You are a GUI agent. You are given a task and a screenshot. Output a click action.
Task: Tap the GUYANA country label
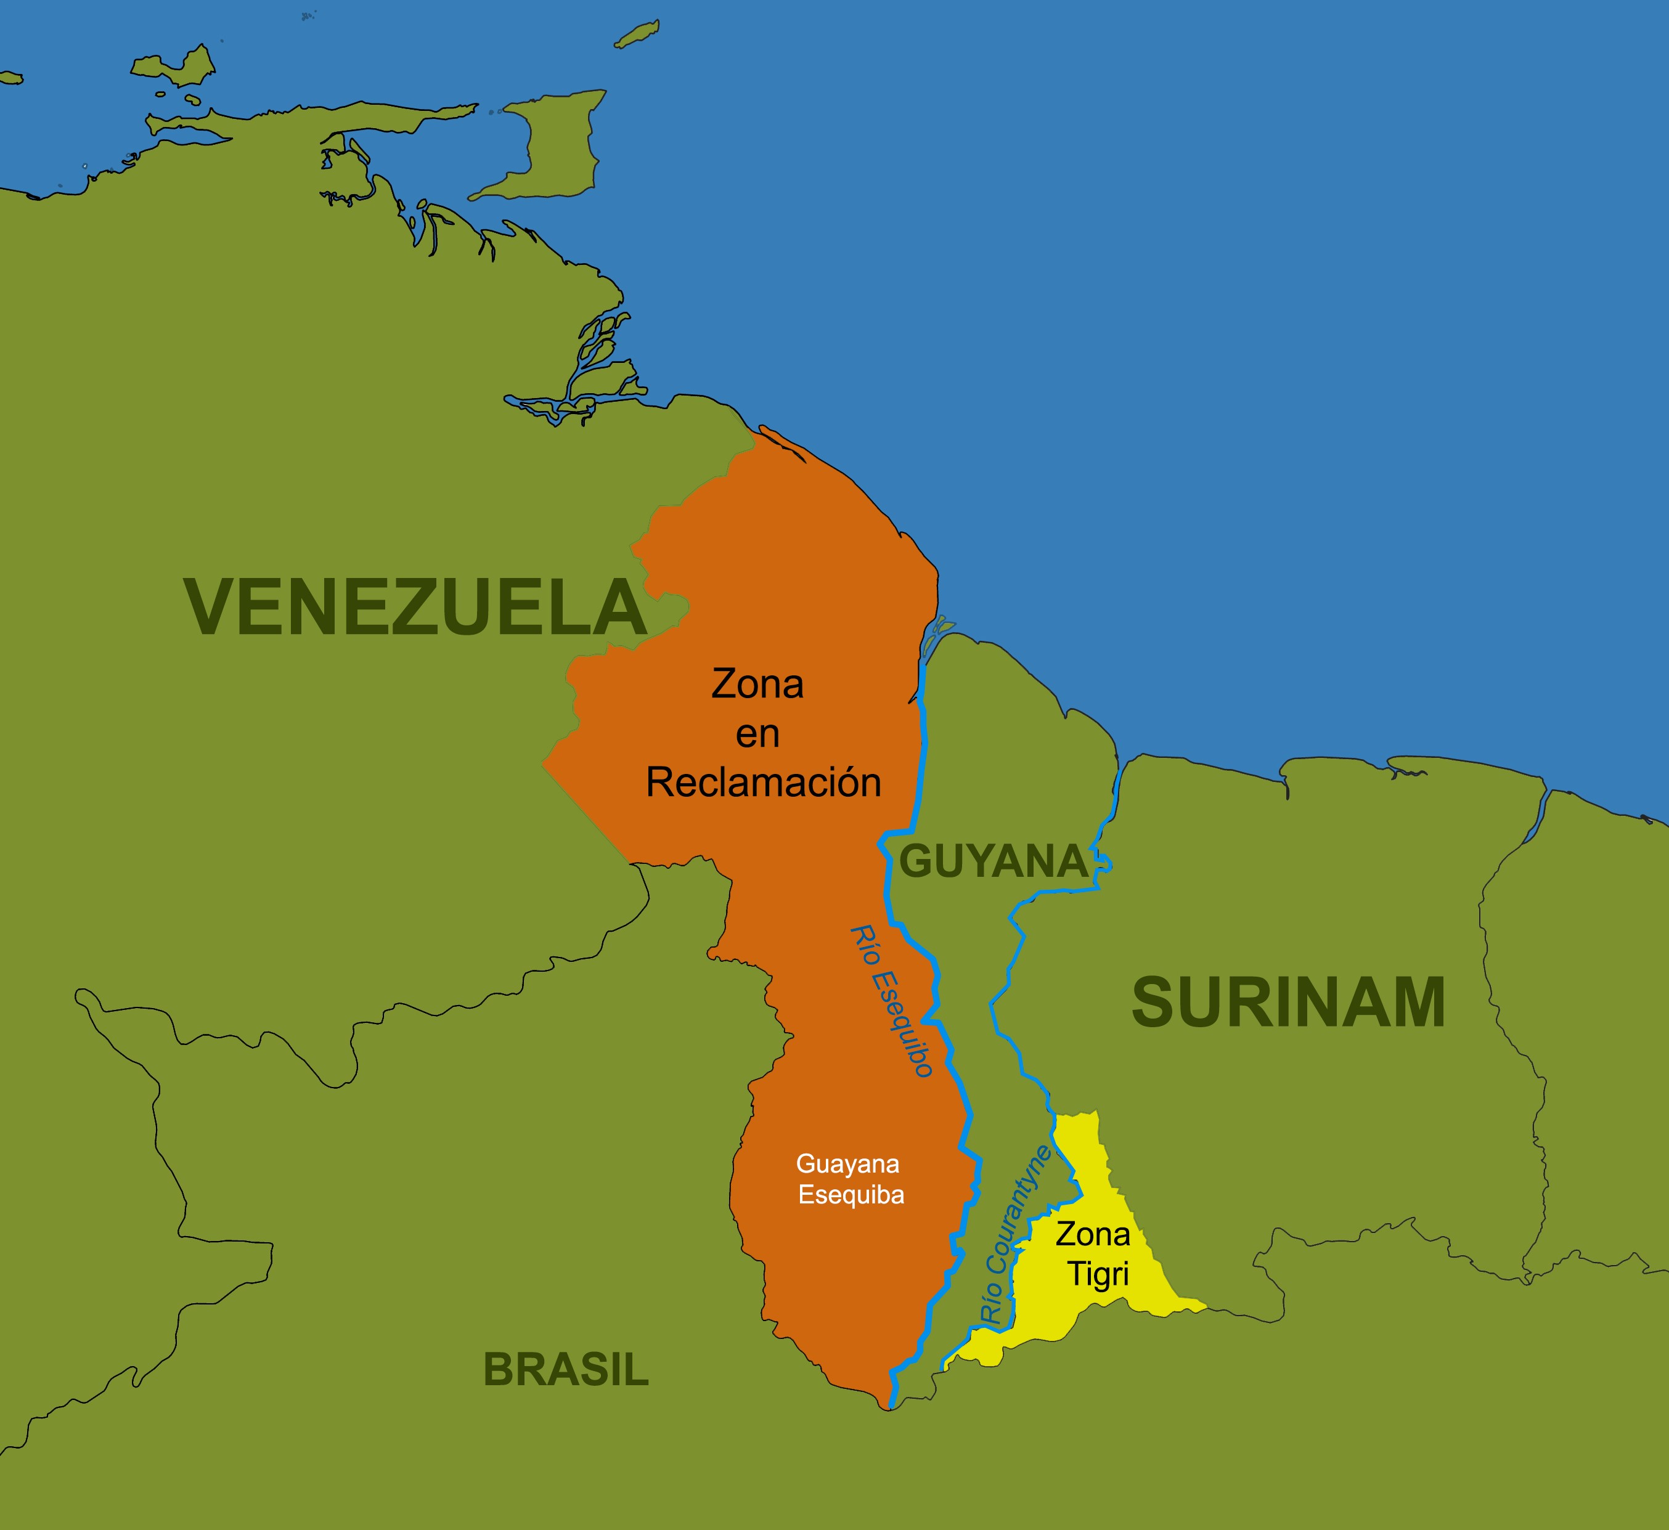[993, 861]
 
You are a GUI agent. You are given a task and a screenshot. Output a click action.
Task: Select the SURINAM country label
[1288, 1003]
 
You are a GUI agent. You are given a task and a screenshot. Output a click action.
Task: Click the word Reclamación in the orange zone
[763, 783]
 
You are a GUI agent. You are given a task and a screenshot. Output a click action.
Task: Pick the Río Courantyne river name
[1015, 1234]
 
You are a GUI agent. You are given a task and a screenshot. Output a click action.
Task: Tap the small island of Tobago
[637, 34]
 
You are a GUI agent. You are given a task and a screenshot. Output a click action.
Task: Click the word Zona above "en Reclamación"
[757, 685]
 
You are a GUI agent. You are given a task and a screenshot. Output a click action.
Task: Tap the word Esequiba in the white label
[851, 1195]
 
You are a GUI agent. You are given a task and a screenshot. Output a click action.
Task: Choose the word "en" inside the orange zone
[757, 734]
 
